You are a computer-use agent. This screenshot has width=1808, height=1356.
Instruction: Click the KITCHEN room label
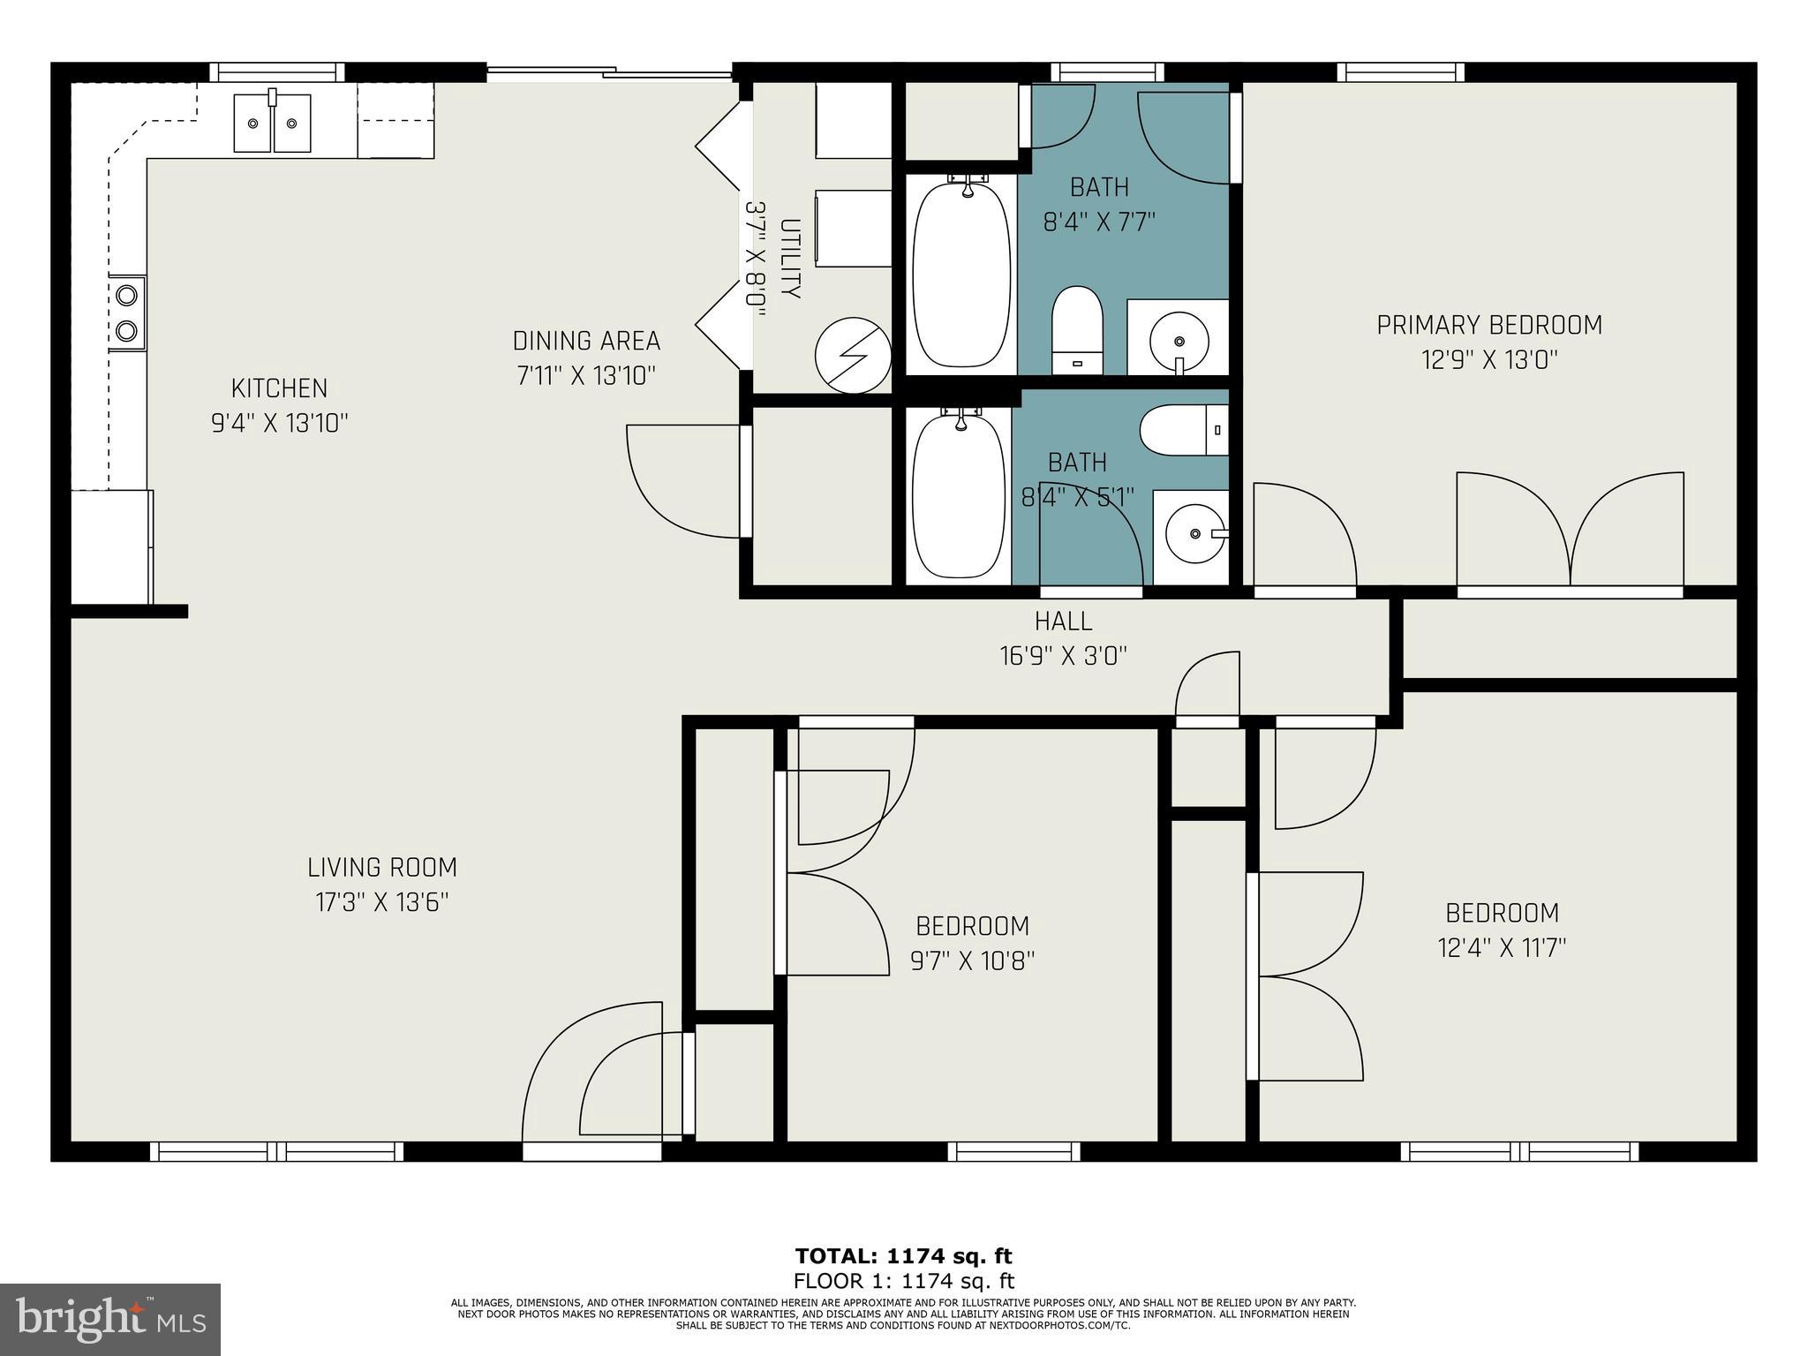pyautogui.click(x=279, y=388)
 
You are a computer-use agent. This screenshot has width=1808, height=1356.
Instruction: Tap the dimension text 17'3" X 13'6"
pyautogui.click(x=382, y=902)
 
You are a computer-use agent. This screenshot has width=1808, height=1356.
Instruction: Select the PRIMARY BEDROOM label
pyautogui.click(x=1489, y=325)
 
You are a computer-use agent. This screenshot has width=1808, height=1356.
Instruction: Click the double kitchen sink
pyautogui.click(x=272, y=124)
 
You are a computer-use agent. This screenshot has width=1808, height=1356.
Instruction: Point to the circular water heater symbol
pyautogui.click(x=853, y=355)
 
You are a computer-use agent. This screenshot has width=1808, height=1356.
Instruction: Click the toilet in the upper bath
pyautogui.click(x=1078, y=329)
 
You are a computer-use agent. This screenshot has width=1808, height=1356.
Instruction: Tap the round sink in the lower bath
pyautogui.click(x=1195, y=533)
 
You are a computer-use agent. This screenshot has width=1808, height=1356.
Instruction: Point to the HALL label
pyautogui.click(x=1063, y=621)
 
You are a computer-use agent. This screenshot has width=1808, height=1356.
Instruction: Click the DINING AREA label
pyautogui.click(x=586, y=341)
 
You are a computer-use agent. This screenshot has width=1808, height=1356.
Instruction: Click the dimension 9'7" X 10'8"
pyautogui.click(x=972, y=960)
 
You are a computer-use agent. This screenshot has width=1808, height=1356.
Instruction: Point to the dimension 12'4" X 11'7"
pyautogui.click(x=1502, y=947)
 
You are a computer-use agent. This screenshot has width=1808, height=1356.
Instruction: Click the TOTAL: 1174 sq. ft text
pyautogui.click(x=903, y=1256)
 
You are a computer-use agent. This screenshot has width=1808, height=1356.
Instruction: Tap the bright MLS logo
pyautogui.click(x=110, y=1319)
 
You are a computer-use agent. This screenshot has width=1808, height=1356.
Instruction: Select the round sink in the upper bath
pyautogui.click(x=1179, y=341)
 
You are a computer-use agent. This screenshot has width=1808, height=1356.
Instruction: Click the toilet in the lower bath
pyautogui.click(x=1183, y=430)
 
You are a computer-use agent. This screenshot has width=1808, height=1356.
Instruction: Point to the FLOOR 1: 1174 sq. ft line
pyautogui.click(x=903, y=1281)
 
